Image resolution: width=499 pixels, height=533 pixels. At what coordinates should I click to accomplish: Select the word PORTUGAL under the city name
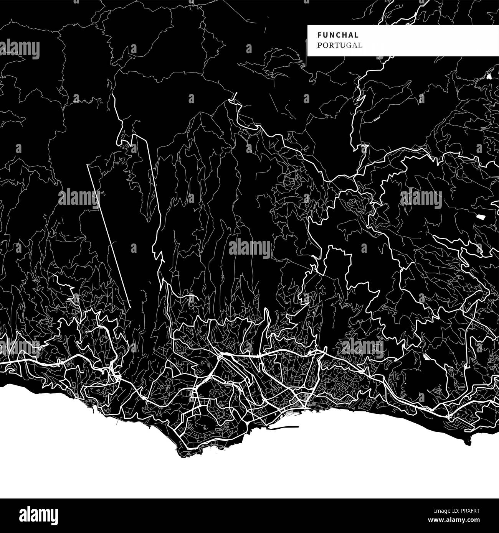340,45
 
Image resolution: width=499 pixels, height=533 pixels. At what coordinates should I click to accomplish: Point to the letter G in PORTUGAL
350,45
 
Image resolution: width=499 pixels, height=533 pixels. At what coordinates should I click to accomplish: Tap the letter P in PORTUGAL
319,45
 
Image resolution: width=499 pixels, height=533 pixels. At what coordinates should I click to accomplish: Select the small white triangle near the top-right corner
489,76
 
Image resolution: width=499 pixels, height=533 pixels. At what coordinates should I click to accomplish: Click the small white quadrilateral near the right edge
480,217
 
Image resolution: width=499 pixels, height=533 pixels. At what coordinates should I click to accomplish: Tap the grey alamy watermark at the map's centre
249,248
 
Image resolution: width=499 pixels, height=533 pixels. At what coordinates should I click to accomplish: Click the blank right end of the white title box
441,40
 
